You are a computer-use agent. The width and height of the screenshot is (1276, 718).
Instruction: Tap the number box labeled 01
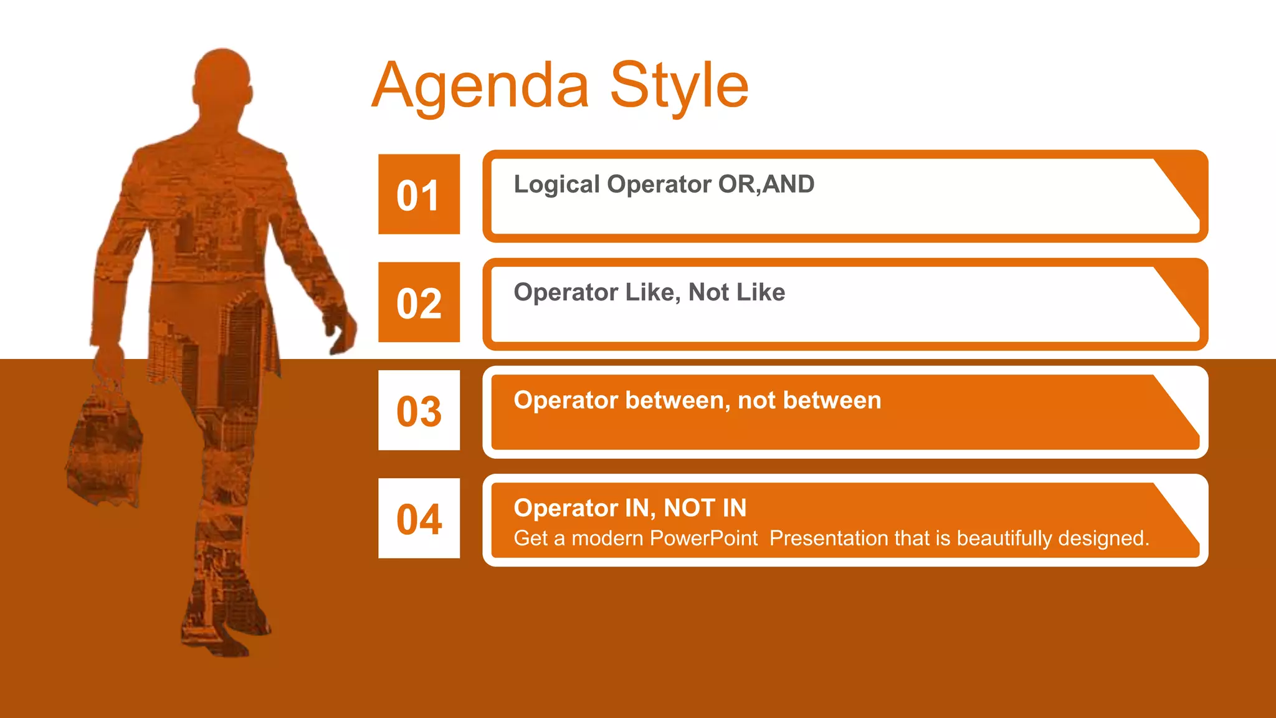click(419, 194)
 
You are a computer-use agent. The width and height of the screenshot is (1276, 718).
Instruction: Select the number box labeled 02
click(419, 302)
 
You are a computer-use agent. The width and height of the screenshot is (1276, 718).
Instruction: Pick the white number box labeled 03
click(419, 411)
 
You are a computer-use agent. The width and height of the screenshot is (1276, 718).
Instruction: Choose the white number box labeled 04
click(419, 519)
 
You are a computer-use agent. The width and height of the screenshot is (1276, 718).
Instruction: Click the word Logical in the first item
click(556, 184)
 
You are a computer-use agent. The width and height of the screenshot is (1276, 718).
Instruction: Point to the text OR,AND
click(766, 184)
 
